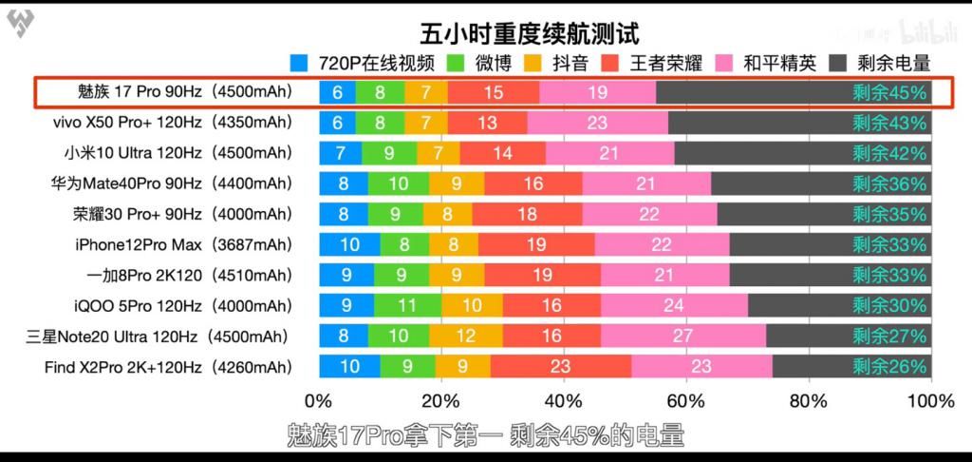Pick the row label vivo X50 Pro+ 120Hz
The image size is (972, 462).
pyautogui.click(x=172, y=123)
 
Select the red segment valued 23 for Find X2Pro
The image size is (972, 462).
pyautogui.click(x=561, y=367)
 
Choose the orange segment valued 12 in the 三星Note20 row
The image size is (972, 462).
pyautogui.click(x=465, y=337)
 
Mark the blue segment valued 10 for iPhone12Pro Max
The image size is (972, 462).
pyautogui.click(x=349, y=244)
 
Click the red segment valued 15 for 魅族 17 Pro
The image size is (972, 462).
pyautogui.click(x=494, y=92)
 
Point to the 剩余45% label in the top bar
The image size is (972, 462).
pyautogui.click(x=888, y=92)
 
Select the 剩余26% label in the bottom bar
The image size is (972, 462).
pyautogui.click(x=888, y=367)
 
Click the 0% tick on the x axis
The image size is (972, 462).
pyautogui.click(x=318, y=400)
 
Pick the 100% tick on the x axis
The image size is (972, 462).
pyautogui.click(x=930, y=400)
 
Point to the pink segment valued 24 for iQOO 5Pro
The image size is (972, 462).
pyautogui.click(x=674, y=306)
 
